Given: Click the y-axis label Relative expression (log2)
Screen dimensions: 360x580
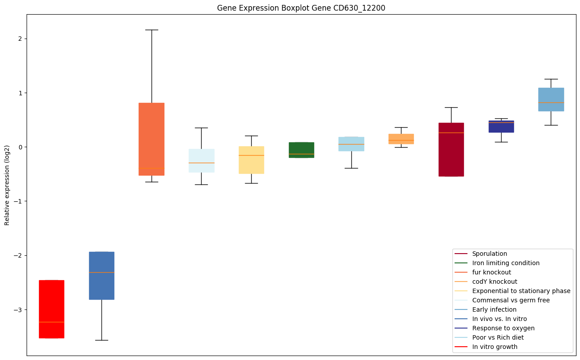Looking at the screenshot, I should [7, 185].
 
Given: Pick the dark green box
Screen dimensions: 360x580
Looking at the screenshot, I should [301, 150].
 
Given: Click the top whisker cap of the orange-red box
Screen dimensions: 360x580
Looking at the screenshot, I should [152, 30].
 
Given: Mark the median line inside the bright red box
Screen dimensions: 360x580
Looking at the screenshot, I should [51, 322].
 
